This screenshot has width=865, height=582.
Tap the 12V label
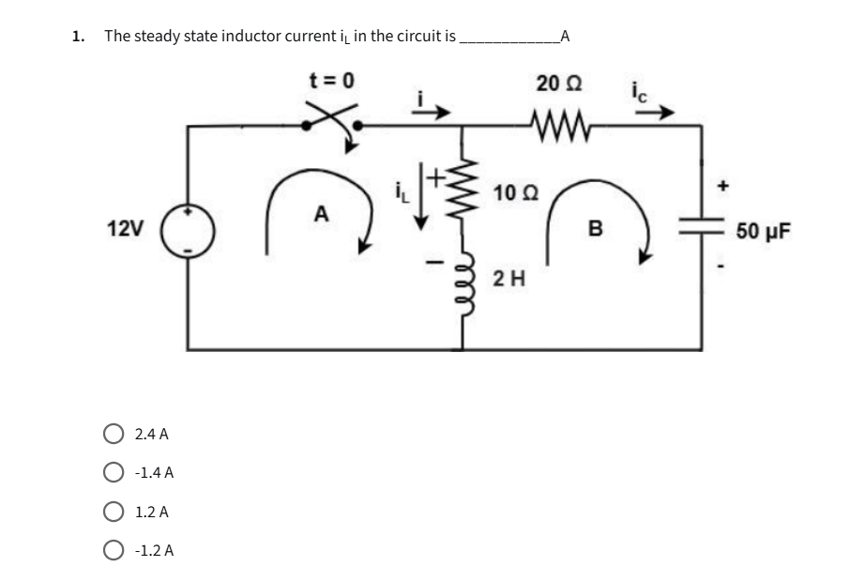[x=126, y=228]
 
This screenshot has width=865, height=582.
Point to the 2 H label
[x=508, y=277]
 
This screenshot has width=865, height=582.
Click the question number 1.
[x=78, y=37]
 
